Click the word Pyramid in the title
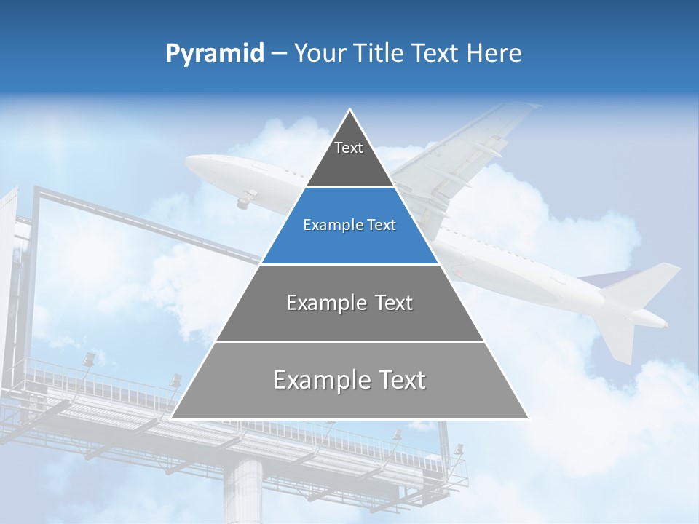(214, 53)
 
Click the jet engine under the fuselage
(248, 196)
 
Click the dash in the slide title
(279, 53)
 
